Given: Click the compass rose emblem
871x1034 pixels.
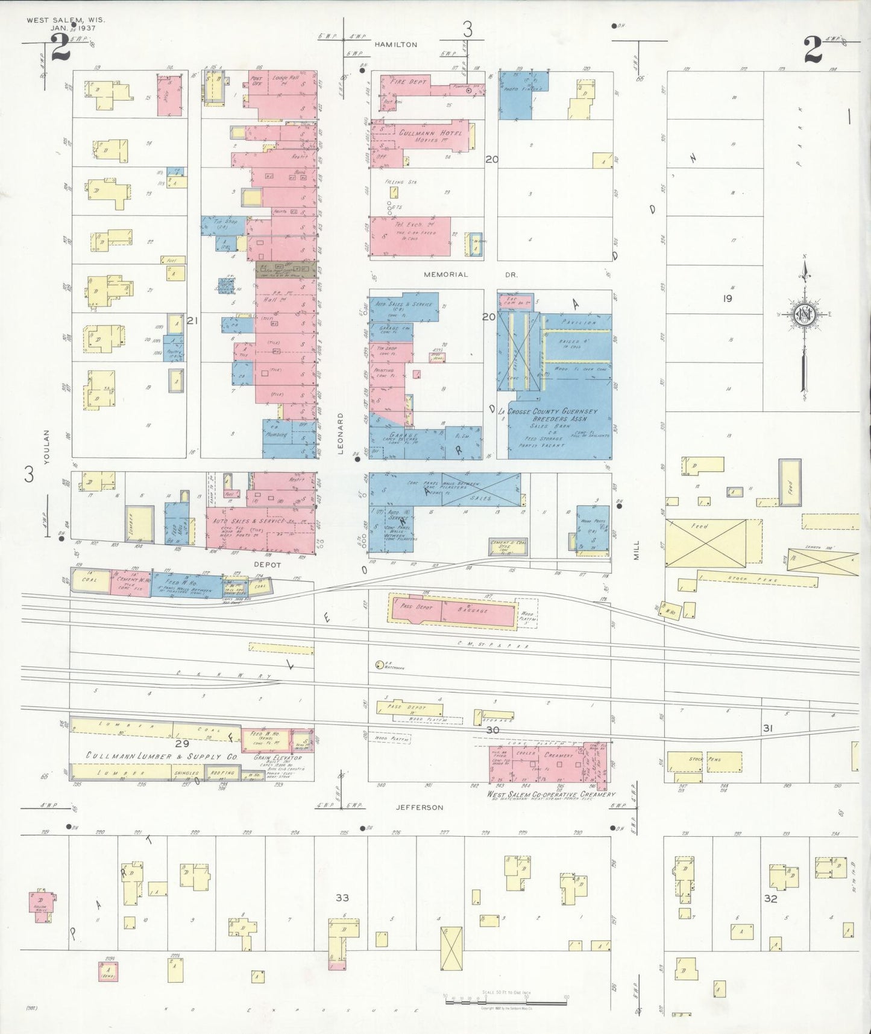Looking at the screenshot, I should point(803,314).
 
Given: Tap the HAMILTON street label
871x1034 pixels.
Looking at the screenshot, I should point(395,45).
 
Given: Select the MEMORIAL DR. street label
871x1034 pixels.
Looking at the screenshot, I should point(471,274).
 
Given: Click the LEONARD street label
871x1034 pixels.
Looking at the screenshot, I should point(340,434).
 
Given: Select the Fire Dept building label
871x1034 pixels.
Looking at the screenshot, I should point(409,81).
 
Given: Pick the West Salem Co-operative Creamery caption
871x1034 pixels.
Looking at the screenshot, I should point(551,795).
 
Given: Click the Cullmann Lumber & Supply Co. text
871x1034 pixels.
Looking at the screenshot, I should point(162,756).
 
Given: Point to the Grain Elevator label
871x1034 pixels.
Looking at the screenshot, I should point(277,757).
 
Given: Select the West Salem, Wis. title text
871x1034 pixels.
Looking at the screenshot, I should point(65,20).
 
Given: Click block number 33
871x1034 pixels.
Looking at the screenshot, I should point(342,898).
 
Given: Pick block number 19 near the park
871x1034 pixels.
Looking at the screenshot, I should point(727,298).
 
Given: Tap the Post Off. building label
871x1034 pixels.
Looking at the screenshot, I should point(256,81).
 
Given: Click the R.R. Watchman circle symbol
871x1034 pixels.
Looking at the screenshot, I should point(379,665).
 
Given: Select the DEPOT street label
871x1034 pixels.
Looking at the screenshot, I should point(267,565).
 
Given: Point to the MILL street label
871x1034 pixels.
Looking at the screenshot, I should point(637,550).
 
